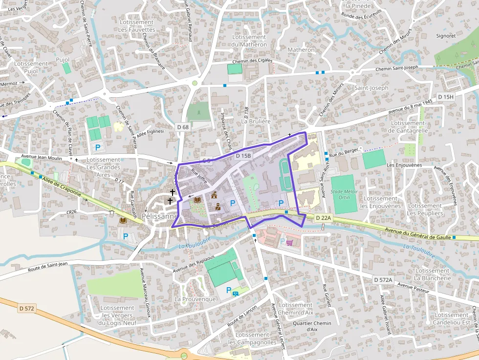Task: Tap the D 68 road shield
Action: tap(183, 127)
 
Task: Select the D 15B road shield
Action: tap(243, 156)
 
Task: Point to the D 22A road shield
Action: tap(323, 217)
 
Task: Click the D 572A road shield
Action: tap(383, 280)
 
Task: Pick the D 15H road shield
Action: tap(446, 97)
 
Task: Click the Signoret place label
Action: tap(445, 36)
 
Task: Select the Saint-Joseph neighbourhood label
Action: tap(371, 88)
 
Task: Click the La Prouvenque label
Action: tap(196, 299)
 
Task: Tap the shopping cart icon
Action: tap(289, 242)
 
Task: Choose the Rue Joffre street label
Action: tap(199, 177)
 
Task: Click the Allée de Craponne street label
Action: tap(61, 186)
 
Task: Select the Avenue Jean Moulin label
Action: tap(42, 157)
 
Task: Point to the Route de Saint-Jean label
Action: tap(47, 267)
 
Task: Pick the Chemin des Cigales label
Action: tap(251, 61)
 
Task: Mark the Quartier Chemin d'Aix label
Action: tap(312, 326)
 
